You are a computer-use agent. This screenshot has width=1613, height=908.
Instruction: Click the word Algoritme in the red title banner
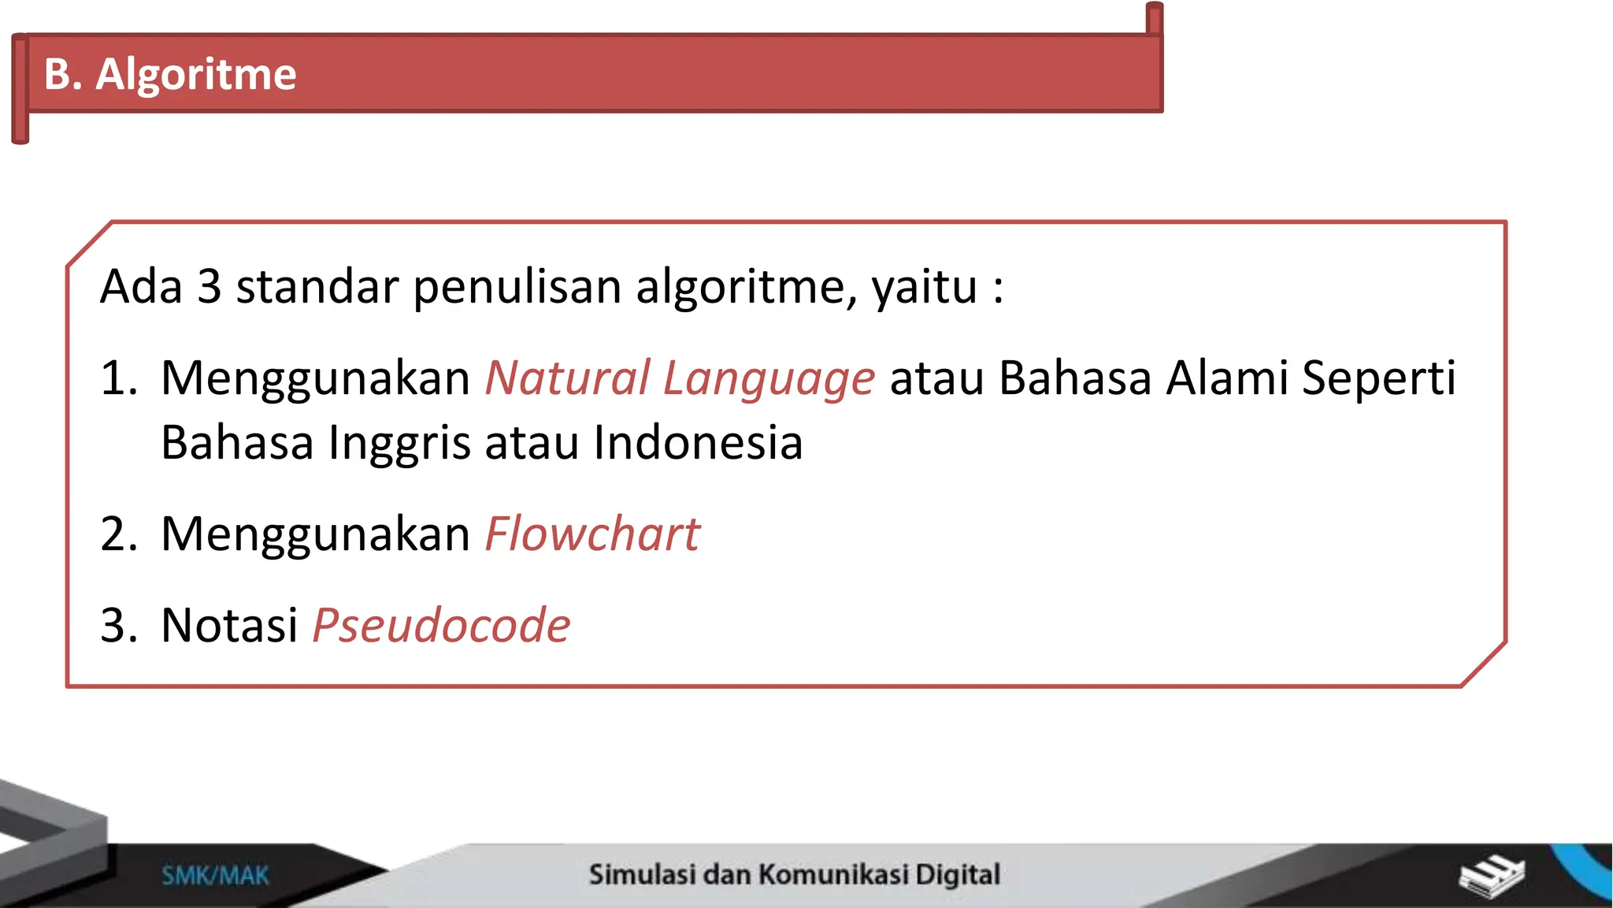click(196, 75)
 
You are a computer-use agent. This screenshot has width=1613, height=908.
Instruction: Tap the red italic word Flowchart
click(592, 534)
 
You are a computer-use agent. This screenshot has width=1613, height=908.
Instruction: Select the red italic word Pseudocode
click(441, 626)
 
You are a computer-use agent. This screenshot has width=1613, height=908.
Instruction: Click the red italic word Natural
click(567, 378)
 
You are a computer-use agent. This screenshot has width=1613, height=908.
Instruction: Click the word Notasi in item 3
click(229, 626)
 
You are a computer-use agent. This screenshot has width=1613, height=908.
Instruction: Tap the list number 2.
click(118, 534)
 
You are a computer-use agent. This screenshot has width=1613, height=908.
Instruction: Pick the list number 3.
click(118, 626)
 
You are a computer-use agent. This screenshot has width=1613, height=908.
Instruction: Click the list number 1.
click(118, 378)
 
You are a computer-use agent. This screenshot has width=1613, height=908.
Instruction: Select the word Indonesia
click(698, 443)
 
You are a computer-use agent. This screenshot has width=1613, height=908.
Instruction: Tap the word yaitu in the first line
click(924, 288)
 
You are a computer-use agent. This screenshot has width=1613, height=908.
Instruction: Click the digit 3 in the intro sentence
click(209, 287)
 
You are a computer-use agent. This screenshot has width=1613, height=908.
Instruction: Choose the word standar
click(317, 287)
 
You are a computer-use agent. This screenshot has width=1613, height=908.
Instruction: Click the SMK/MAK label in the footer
click(215, 876)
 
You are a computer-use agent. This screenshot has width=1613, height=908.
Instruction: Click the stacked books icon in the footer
click(1491, 876)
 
